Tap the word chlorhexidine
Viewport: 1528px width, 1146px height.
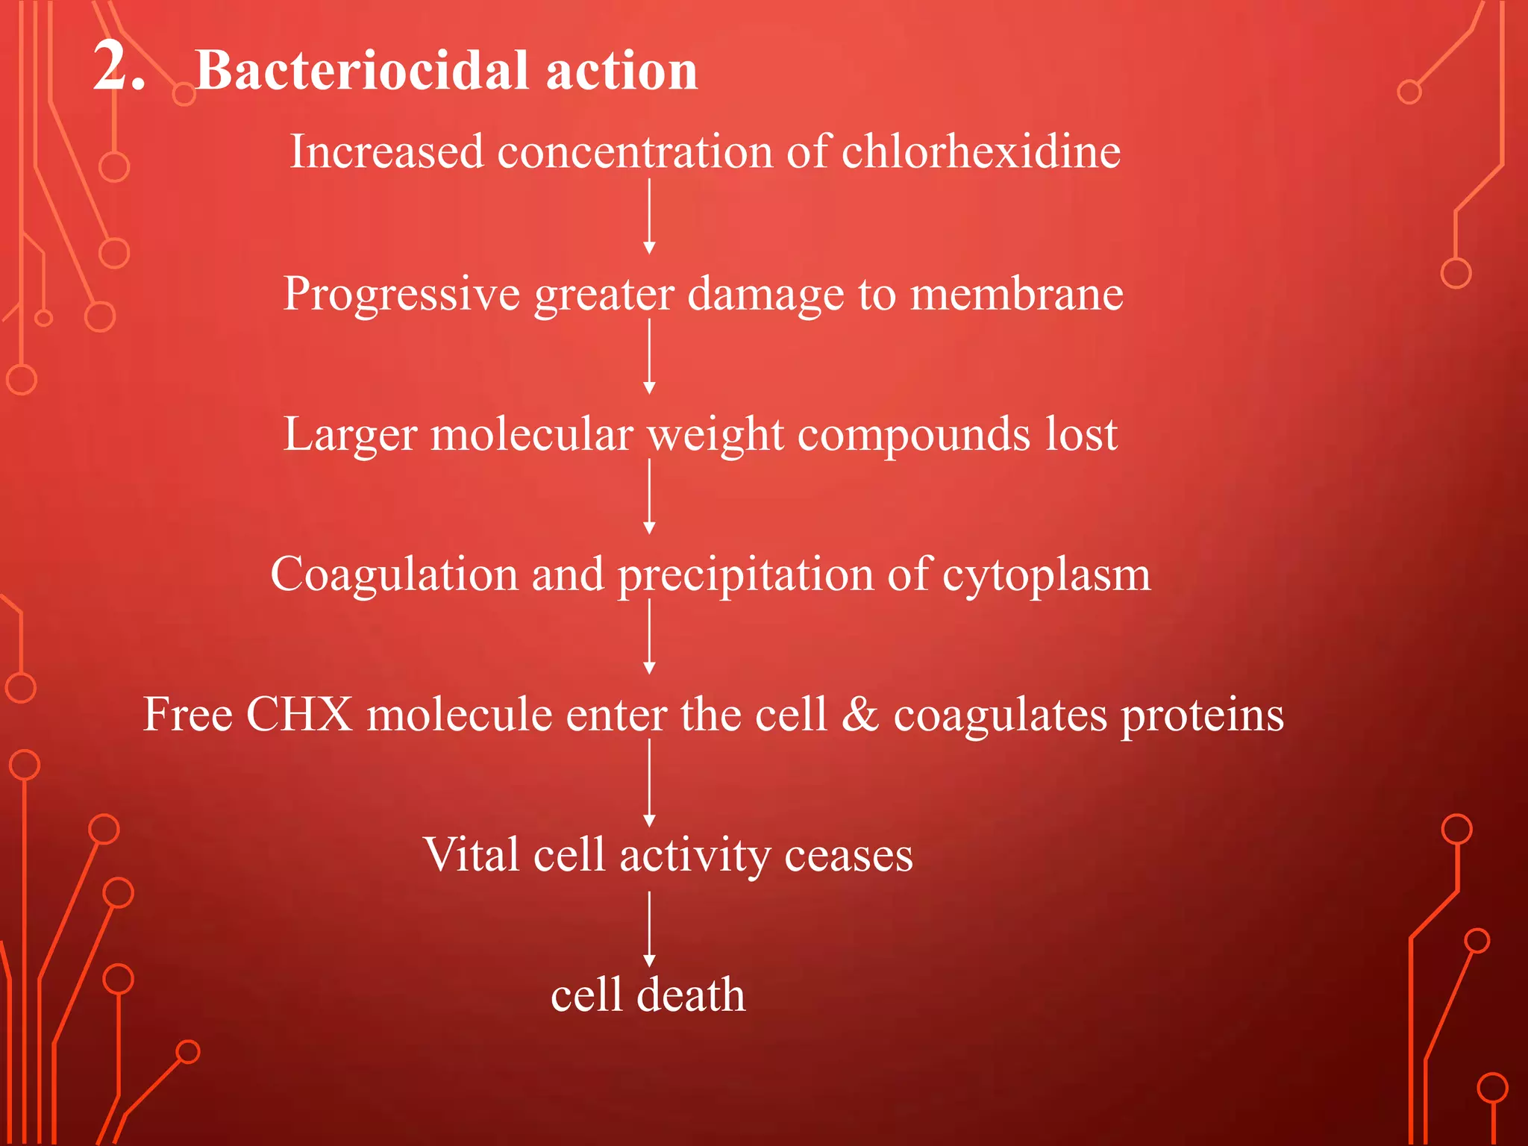point(980,151)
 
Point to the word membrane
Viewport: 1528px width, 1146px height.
point(1016,294)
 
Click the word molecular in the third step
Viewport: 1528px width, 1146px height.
point(532,434)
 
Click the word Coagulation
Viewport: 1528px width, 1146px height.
point(394,575)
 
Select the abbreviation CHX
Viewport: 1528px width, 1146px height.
point(298,715)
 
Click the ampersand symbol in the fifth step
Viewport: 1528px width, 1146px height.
point(860,714)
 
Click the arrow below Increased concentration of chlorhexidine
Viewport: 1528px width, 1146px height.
point(649,216)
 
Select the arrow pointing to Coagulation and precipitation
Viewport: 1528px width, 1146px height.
point(649,497)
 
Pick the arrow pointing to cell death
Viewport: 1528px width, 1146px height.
point(649,930)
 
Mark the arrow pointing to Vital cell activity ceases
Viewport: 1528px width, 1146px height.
point(649,783)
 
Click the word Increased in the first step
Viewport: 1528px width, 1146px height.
point(386,151)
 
